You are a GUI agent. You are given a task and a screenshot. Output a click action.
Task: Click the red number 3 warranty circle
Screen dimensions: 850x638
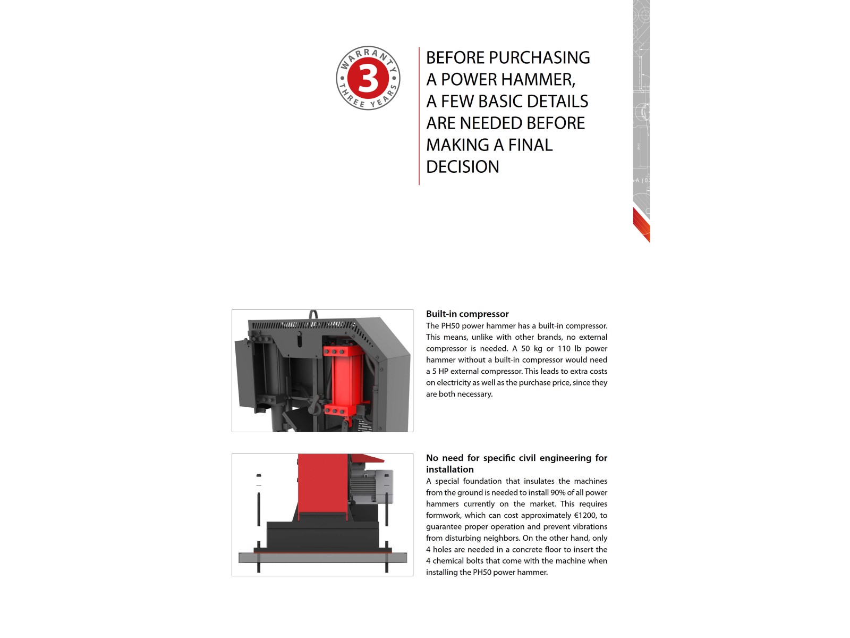(368, 78)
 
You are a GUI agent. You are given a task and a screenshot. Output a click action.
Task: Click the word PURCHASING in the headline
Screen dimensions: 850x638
(539, 58)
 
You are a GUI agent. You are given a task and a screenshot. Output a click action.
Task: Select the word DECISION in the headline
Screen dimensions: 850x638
(462, 167)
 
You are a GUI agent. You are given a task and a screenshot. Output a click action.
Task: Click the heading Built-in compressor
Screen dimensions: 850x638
(467, 314)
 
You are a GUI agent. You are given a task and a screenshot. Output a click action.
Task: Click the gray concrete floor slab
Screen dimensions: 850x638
(322, 558)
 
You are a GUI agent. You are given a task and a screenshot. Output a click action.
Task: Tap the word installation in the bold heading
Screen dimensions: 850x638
(449, 469)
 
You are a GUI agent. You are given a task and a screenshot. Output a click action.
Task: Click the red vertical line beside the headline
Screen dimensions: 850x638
(419, 116)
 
